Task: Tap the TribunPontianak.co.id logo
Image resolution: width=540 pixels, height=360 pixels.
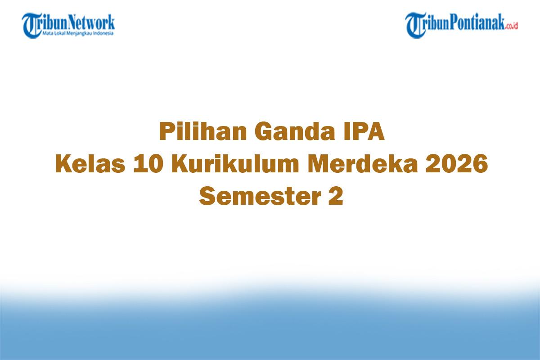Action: click(x=462, y=25)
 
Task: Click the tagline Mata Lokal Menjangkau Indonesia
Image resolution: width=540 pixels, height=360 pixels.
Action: click(x=78, y=33)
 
